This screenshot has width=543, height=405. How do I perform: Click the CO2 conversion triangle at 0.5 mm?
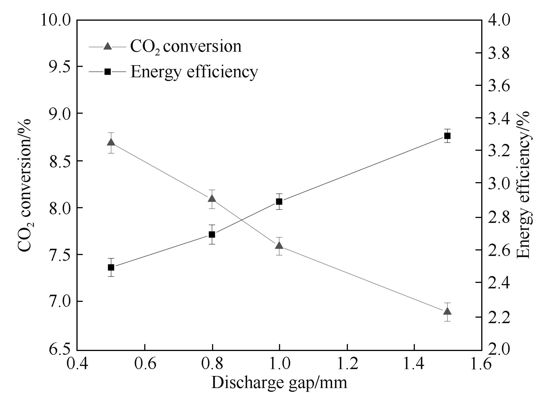(x=111, y=142)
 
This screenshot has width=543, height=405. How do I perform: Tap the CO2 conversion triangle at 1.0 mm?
(x=279, y=246)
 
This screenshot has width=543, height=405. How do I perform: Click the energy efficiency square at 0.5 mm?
(x=111, y=267)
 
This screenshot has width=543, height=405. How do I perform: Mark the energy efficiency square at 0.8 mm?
(x=212, y=234)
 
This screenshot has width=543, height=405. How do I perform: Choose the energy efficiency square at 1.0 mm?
(x=279, y=202)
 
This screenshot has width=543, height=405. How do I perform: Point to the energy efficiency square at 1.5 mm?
(x=447, y=136)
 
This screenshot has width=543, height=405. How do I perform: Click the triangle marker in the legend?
(x=107, y=46)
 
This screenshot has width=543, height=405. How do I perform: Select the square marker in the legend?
(x=107, y=72)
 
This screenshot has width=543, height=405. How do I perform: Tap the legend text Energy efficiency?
(x=194, y=72)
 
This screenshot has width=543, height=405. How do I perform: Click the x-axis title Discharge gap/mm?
(x=279, y=383)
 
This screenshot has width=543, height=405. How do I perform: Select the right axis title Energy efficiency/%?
(x=523, y=185)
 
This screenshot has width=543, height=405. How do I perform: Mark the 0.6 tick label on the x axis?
(x=145, y=363)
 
